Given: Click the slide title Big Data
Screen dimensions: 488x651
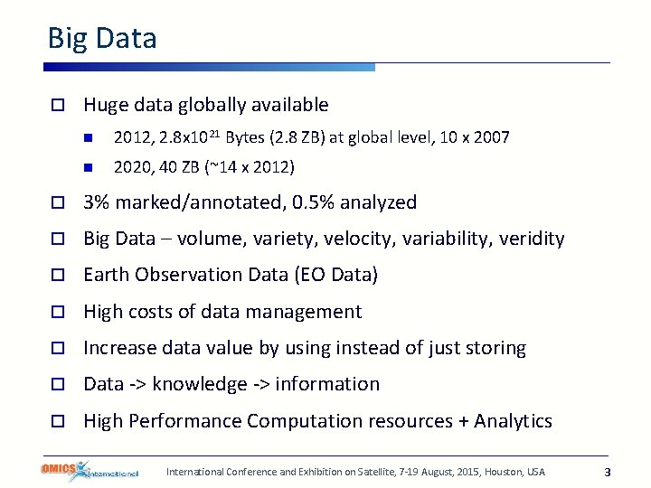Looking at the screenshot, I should [x=102, y=39].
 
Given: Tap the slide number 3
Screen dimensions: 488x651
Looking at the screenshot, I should [x=608, y=472].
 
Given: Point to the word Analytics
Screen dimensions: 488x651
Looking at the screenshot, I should [x=513, y=421].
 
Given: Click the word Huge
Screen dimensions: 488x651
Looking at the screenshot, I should [x=105, y=105].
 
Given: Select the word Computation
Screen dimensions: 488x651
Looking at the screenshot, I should [x=302, y=421].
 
